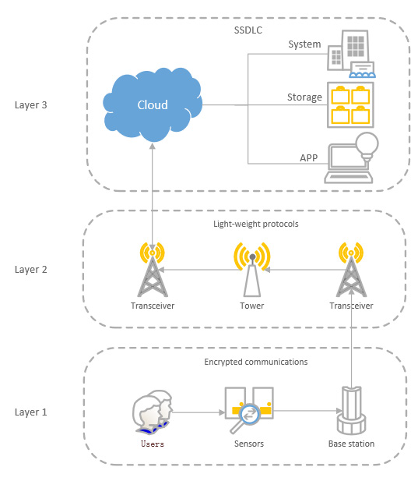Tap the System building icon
(349, 53)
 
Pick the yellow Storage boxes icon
(350, 104)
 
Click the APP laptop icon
(350, 161)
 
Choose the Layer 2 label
(31, 270)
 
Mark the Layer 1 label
(31, 412)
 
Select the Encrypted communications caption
(255, 362)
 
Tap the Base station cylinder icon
(350, 411)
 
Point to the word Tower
(251, 306)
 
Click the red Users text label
(152, 444)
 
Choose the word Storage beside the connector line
(304, 97)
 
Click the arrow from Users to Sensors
(197, 412)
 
